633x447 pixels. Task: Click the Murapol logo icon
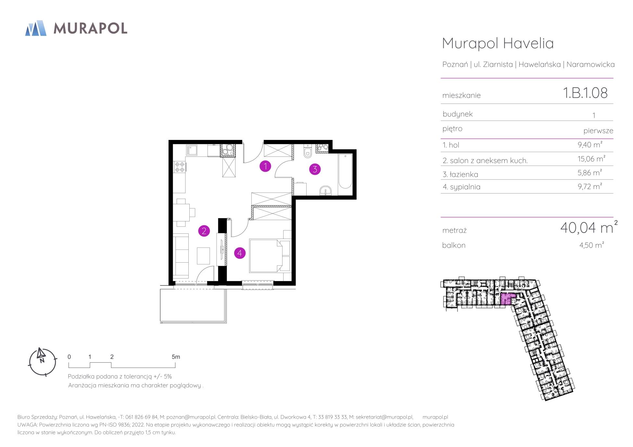[36, 28]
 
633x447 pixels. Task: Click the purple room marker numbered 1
[265, 167]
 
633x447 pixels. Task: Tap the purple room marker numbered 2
[204, 231]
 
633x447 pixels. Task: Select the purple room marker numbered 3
[315, 169]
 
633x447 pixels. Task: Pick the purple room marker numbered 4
[240, 253]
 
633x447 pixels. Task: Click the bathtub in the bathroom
[345, 171]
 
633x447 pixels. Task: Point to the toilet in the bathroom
[307, 151]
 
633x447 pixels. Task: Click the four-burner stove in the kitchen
[180, 167]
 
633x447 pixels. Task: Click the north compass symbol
[43, 362]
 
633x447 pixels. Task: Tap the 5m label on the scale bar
[176, 357]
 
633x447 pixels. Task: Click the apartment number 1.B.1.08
[585, 93]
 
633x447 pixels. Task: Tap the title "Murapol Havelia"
[498, 43]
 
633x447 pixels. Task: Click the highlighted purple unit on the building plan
[508, 299]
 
